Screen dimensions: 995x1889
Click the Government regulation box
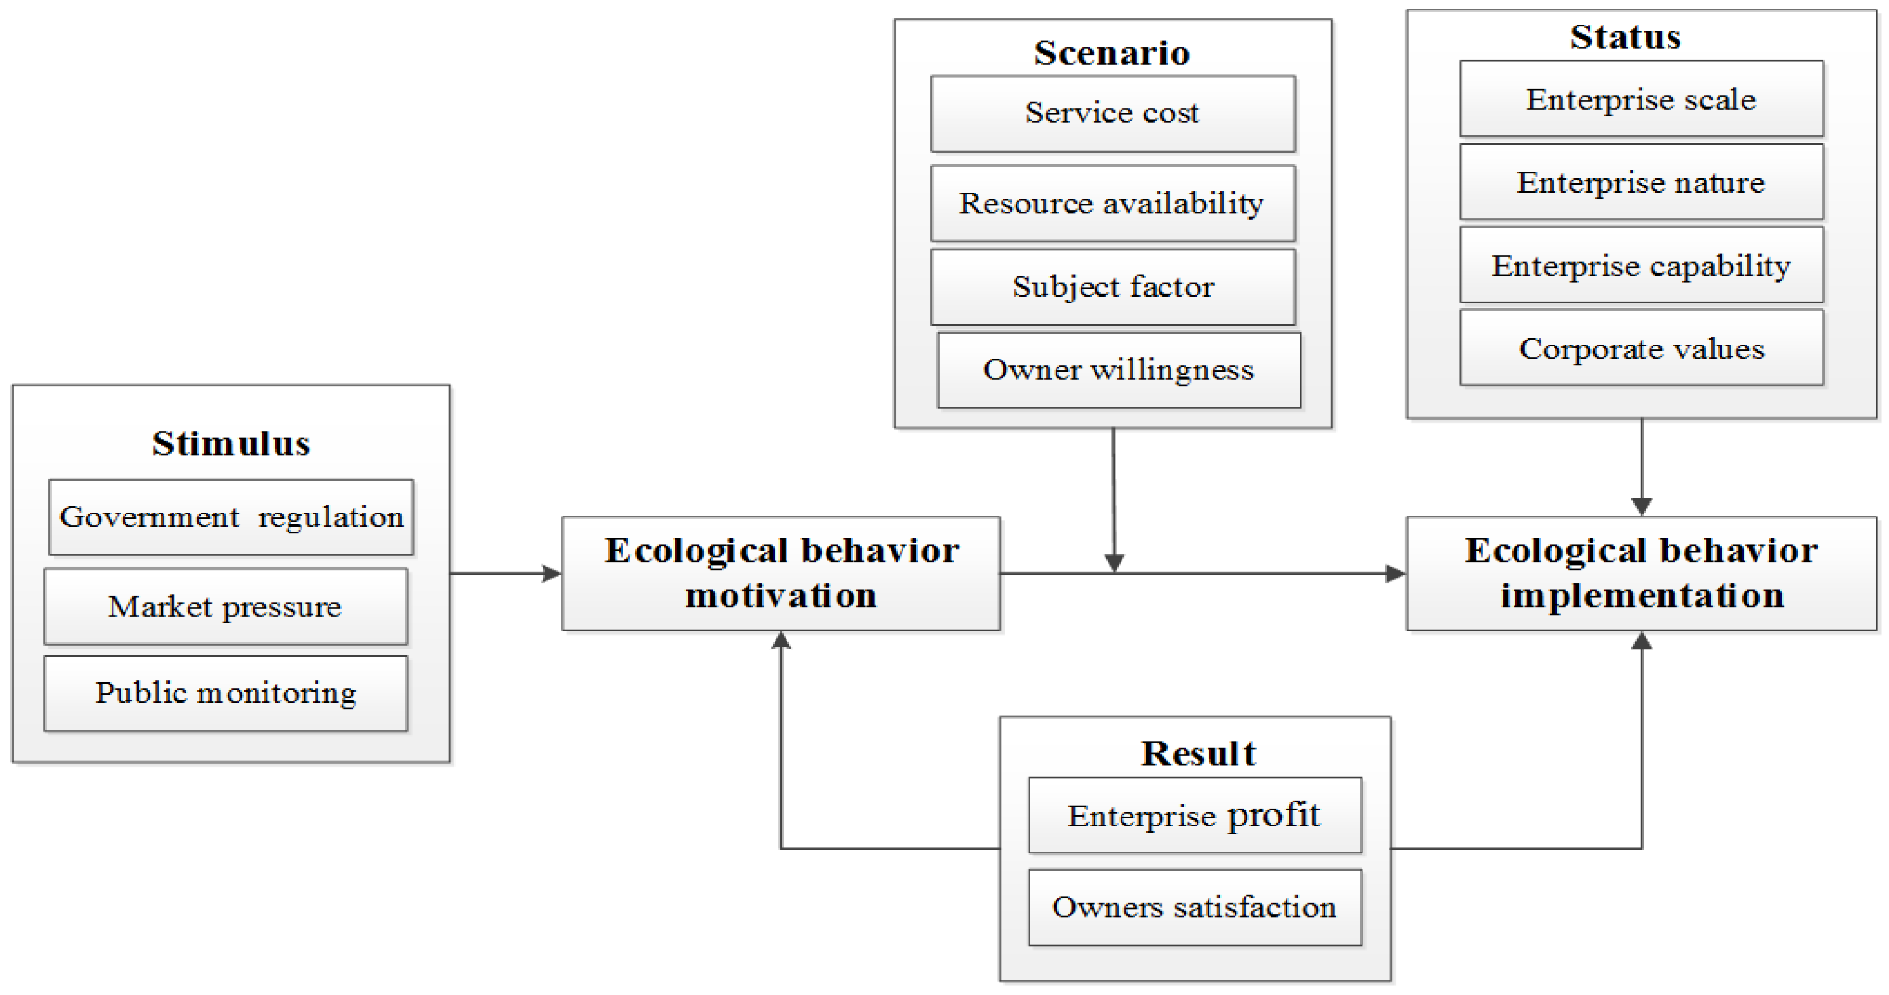(231, 517)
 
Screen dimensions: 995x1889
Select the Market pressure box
(225, 606)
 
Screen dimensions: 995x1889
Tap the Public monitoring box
(225, 693)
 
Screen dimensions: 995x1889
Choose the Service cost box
(1113, 113)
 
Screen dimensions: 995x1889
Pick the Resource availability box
(1113, 203)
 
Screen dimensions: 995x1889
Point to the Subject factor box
(1113, 287)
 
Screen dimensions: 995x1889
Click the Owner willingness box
(1118, 370)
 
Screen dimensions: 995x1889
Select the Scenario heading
(1112, 53)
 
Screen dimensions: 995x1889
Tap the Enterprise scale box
(1641, 99)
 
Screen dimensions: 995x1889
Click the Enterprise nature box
(1641, 182)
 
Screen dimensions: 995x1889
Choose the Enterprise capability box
(1641, 265)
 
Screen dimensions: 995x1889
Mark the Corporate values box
(1641, 348)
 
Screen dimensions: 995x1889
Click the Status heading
(1625, 37)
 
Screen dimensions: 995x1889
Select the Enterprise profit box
(1195, 815)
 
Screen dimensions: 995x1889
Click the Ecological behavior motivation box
(781, 573)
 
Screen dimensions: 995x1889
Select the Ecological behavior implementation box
(1641, 573)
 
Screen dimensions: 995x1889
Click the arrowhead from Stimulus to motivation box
(551, 573)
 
